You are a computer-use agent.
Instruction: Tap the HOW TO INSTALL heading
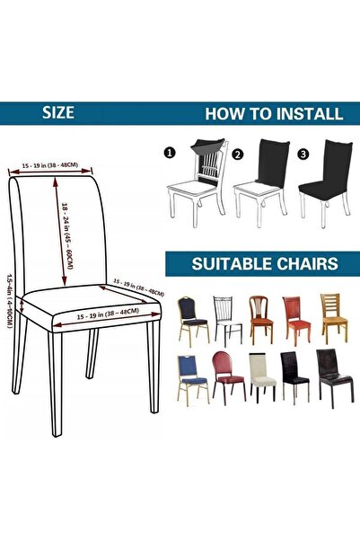[x=273, y=114]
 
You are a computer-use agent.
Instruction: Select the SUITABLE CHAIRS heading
[x=263, y=264]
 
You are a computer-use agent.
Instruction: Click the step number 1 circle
[x=169, y=154]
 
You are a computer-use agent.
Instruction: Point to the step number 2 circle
[x=238, y=154]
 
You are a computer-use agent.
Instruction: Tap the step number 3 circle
[x=303, y=154]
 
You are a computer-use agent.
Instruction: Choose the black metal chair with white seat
[x=224, y=318]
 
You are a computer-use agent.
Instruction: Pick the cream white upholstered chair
[x=262, y=378]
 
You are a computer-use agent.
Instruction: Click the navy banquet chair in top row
[x=190, y=318]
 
